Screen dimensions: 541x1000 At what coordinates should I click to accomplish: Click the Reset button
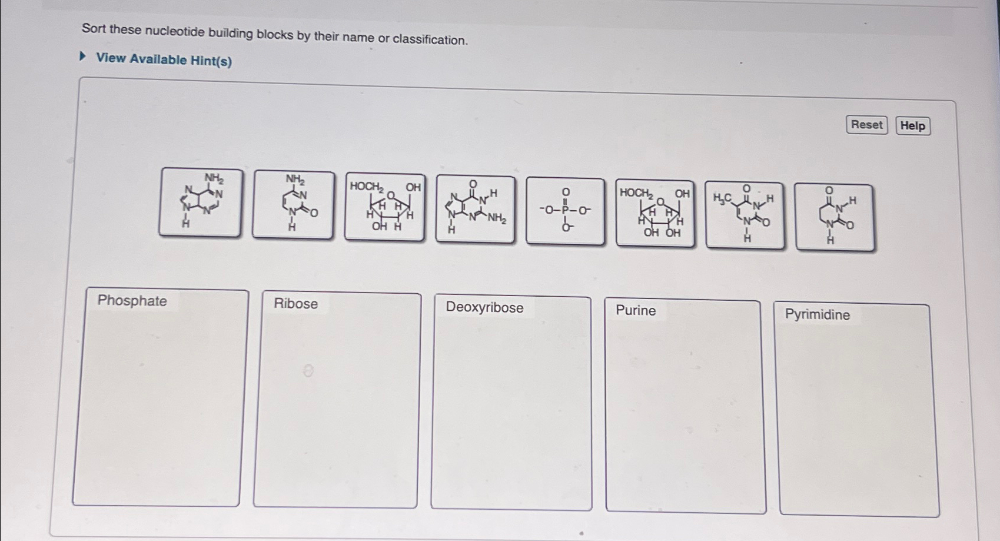tap(866, 125)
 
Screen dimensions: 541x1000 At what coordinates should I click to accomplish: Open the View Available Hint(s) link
tap(164, 59)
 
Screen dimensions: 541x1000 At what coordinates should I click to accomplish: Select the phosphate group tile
tap(565, 211)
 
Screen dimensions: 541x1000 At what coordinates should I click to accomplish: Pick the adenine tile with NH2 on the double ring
tap(200, 202)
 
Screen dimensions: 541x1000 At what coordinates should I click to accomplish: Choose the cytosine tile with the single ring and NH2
tap(293, 204)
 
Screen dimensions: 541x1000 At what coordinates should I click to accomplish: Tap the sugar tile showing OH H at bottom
tap(384, 207)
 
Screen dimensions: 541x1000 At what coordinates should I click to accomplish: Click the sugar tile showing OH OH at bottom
tap(655, 213)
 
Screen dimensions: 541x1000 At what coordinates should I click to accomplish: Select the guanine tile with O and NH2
tap(475, 209)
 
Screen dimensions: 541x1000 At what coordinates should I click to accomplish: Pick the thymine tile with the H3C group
tap(745, 214)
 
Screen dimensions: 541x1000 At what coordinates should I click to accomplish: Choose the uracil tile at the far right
tap(835, 217)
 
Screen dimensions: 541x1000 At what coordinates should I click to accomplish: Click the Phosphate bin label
tap(132, 301)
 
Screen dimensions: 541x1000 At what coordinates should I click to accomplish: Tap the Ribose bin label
tap(295, 304)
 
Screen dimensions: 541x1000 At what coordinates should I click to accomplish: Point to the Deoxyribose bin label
tap(484, 307)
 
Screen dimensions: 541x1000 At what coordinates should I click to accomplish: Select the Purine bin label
tap(636, 310)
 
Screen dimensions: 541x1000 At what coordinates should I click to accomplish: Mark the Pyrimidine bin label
tap(817, 314)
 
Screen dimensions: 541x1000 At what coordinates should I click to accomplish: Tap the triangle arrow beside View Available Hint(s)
tap(84, 57)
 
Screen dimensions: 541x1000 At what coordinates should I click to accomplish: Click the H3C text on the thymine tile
tap(722, 198)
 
